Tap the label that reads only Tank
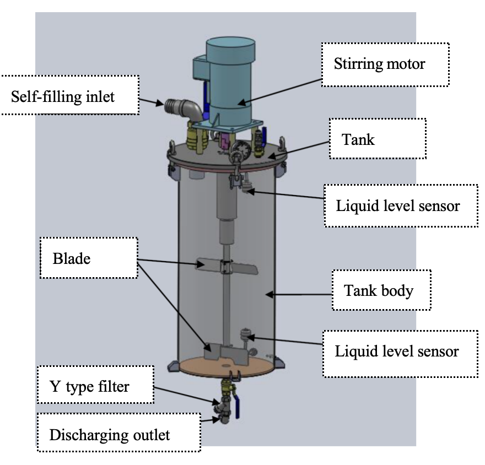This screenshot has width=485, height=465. pyautogui.click(x=359, y=139)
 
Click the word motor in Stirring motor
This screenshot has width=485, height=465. pyautogui.click(x=408, y=63)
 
